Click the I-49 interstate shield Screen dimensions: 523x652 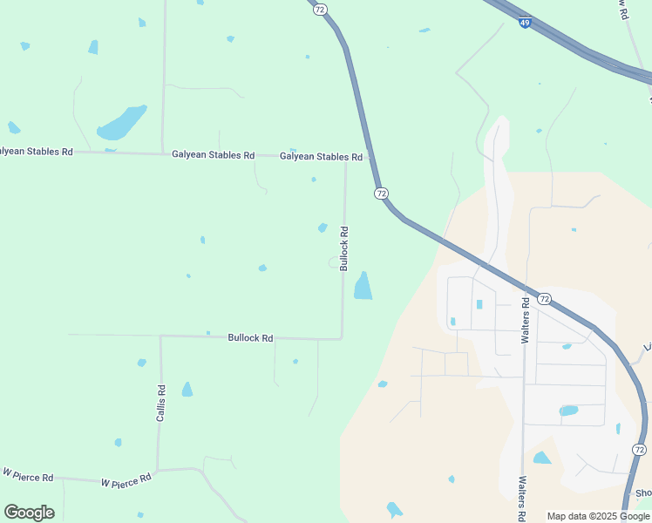click(x=524, y=23)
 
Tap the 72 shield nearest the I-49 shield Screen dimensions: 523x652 click(x=321, y=9)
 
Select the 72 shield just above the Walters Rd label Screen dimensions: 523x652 click(x=544, y=298)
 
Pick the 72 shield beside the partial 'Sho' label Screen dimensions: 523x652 click(x=639, y=449)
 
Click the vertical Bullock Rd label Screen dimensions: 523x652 click(x=344, y=248)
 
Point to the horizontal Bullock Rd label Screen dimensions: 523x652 click(x=250, y=337)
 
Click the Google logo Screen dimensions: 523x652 click(x=29, y=513)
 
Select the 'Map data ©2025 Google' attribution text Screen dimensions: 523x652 click(x=598, y=516)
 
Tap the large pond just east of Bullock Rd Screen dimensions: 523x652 click(x=363, y=286)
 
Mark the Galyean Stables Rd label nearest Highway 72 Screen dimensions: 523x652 click(x=321, y=157)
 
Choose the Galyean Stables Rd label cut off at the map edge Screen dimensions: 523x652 click(x=36, y=152)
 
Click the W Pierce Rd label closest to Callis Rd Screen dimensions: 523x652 click(x=126, y=479)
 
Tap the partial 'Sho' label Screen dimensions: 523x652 click(x=643, y=493)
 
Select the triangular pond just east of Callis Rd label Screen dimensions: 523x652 click(x=187, y=390)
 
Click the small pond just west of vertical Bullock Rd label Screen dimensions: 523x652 click(x=323, y=228)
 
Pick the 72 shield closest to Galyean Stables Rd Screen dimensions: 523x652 click(x=381, y=192)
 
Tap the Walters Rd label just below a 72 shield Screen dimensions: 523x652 click(x=526, y=321)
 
